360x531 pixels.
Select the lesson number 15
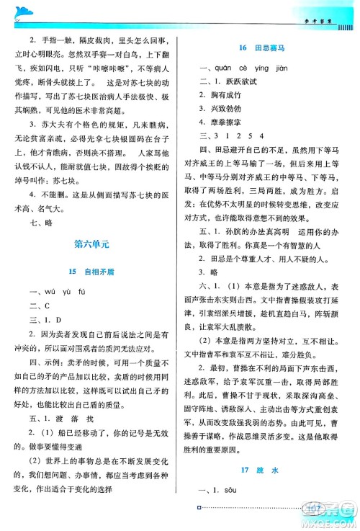[x=72, y=272]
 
